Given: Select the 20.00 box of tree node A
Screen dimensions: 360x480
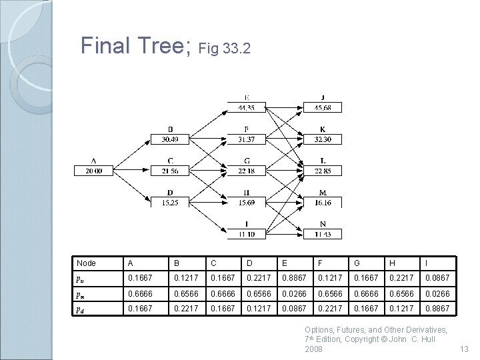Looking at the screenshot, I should click(x=93, y=171).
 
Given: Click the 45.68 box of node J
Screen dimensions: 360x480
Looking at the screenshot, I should click(x=322, y=108).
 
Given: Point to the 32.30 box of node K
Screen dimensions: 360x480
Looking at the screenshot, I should click(x=322, y=139).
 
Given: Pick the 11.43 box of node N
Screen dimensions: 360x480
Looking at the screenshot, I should click(x=322, y=233).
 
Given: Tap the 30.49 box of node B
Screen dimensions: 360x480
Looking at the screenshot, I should click(x=170, y=139).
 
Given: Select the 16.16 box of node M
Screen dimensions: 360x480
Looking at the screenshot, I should click(x=322, y=202).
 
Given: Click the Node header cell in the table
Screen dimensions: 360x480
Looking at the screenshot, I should click(x=87, y=263).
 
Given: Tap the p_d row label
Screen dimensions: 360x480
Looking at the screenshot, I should click(x=80, y=309).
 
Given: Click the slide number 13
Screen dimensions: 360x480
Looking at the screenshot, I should click(x=464, y=349).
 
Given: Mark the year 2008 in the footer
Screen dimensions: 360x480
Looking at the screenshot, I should click(x=313, y=349).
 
